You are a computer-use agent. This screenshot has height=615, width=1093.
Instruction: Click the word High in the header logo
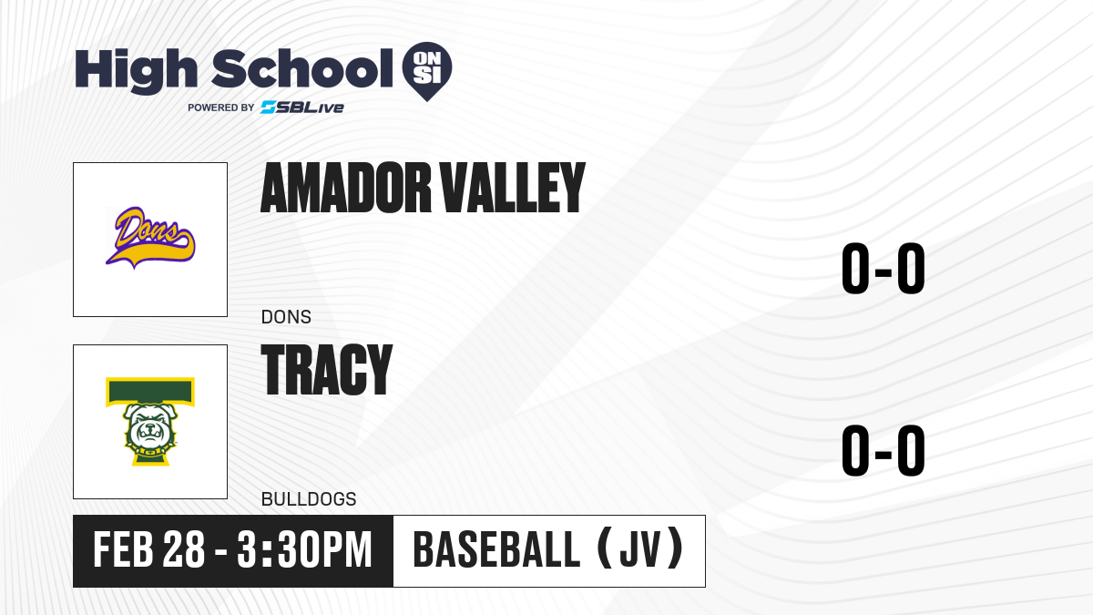[x=136, y=70]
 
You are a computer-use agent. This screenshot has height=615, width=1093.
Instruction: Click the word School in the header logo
[x=302, y=68]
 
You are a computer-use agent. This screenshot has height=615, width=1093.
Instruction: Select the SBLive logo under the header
[x=302, y=108]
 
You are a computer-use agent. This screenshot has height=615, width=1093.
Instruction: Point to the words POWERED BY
[x=221, y=108]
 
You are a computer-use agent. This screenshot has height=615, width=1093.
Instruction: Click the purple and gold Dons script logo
[x=150, y=238]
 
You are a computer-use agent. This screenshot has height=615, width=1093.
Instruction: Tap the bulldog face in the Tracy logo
[x=149, y=429]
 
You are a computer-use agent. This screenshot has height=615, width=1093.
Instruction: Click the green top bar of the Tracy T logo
[x=150, y=392]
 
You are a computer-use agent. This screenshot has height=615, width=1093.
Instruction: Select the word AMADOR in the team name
[x=346, y=188]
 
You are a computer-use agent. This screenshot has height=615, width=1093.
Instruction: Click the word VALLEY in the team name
[x=512, y=188]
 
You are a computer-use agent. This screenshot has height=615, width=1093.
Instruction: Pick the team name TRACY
[x=327, y=369]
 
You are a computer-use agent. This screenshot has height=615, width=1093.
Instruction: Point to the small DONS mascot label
[x=286, y=317]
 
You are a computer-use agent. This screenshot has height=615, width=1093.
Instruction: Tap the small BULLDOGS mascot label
[x=309, y=499]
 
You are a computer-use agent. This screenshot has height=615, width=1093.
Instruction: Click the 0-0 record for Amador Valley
[x=884, y=269]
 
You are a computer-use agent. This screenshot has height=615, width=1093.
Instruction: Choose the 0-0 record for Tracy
[x=884, y=450]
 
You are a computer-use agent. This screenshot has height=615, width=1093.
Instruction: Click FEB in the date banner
[x=124, y=549]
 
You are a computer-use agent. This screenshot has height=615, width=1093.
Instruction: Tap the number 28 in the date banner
[x=183, y=549]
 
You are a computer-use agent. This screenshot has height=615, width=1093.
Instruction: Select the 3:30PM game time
[x=305, y=549]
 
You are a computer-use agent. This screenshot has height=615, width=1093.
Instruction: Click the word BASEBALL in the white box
[x=496, y=549]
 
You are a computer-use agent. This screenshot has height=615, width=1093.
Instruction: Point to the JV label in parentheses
[x=640, y=549]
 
